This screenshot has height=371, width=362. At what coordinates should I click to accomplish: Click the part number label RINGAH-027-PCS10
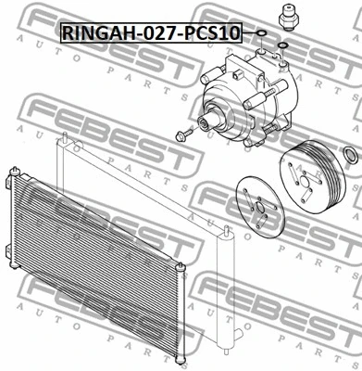(x=151, y=32)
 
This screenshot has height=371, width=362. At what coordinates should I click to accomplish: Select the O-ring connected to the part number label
(x=262, y=35)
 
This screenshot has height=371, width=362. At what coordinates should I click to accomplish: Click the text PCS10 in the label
(x=214, y=32)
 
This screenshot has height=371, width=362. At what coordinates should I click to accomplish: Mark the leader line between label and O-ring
(x=249, y=34)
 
